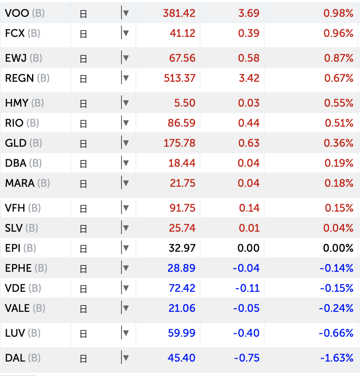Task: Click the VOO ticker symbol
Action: (x=17, y=13)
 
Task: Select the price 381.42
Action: (x=179, y=13)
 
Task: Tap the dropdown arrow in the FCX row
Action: (x=126, y=33)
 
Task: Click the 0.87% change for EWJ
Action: (x=338, y=58)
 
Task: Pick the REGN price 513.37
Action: (x=179, y=78)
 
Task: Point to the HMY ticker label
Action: (x=16, y=103)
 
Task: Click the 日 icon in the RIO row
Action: (x=83, y=123)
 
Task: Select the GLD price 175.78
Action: (x=179, y=143)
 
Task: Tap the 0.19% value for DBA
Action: (x=338, y=163)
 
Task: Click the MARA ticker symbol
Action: (x=20, y=183)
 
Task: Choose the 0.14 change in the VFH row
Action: (x=249, y=208)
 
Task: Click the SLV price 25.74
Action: (x=182, y=228)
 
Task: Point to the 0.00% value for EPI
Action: (x=338, y=248)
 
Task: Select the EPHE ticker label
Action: (x=18, y=268)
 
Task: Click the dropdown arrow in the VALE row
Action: (x=126, y=308)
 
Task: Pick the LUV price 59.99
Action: (x=182, y=333)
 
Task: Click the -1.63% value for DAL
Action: (x=337, y=358)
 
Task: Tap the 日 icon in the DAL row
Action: (x=83, y=358)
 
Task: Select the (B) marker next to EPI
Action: (x=29, y=248)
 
